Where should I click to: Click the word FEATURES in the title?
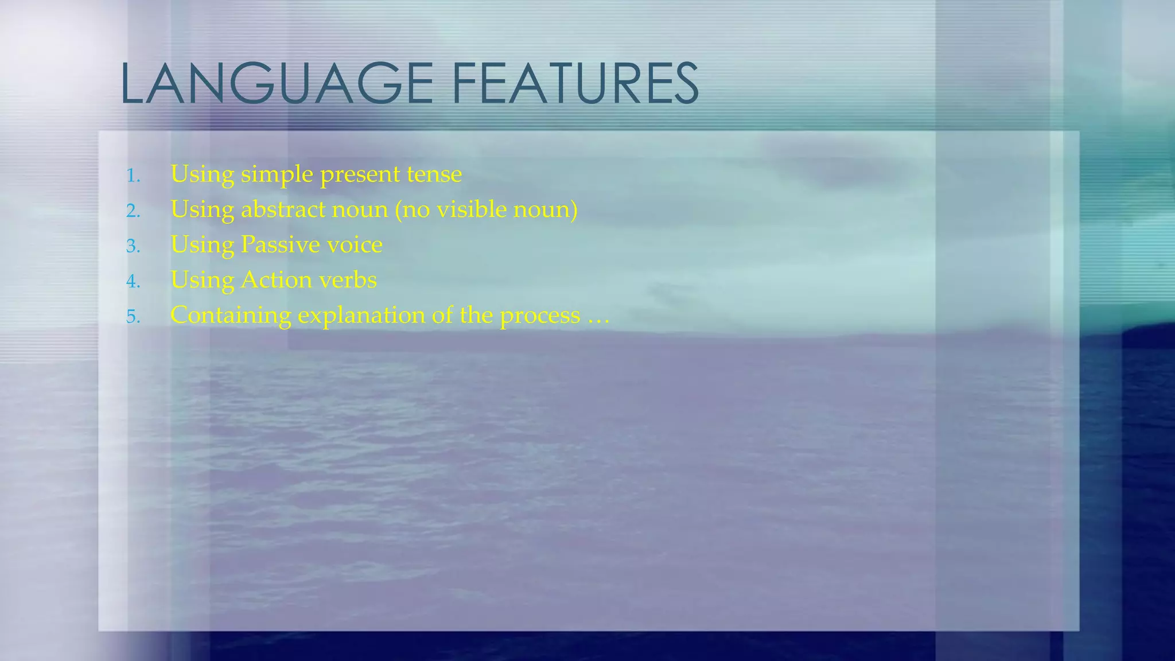[x=575, y=84]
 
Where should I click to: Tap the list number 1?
[x=133, y=176]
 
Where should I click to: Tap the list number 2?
[x=133, y=211]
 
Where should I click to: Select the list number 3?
[x=133, y=246]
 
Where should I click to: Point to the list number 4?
[x=133, y=282]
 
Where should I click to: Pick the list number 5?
[x=133, y=317]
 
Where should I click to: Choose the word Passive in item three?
[x=280, y=245]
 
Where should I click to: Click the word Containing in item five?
[x=231, y=316]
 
